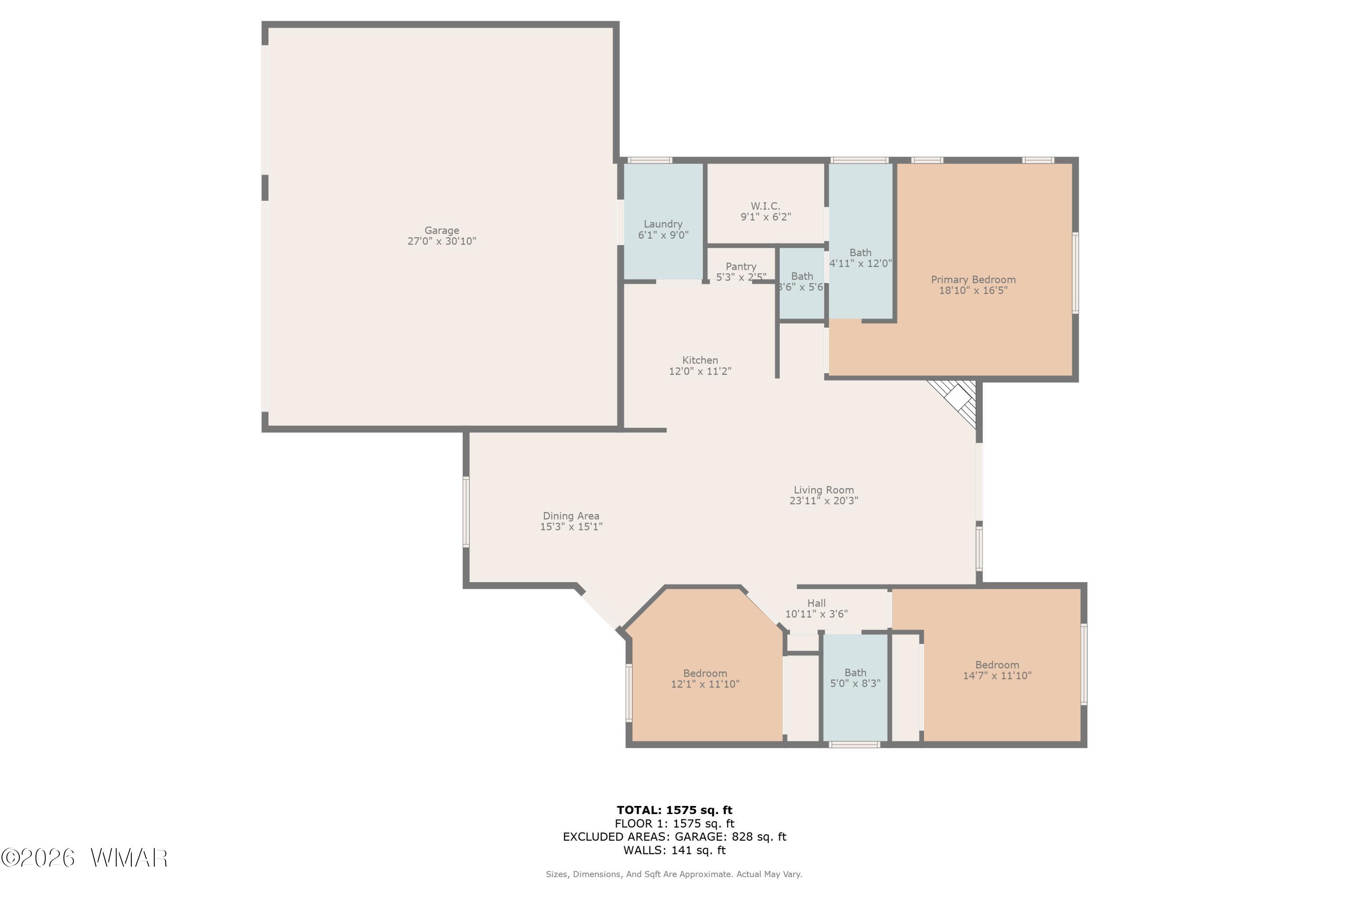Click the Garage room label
click(442, 231)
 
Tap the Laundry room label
click(663, 224)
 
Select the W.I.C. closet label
click(766, 206)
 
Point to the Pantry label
click(741, 267)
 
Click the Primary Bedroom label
click(974, 280)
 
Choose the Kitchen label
click(700, 360)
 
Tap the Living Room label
click(824, 490)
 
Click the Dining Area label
click(571, 516)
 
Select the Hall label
click(817, 603)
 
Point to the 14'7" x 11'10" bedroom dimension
click(997, 676)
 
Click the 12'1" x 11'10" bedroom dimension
click(706, 684)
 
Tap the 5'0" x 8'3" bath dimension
click(856, 683)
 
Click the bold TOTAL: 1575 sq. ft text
click(674, 810)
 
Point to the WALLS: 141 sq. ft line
click(674, 850)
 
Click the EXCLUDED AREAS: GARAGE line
click(674, 837)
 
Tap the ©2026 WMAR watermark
click(85, 858)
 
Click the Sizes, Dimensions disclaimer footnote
click(674, 874)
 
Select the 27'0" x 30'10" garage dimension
click(442, 241)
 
